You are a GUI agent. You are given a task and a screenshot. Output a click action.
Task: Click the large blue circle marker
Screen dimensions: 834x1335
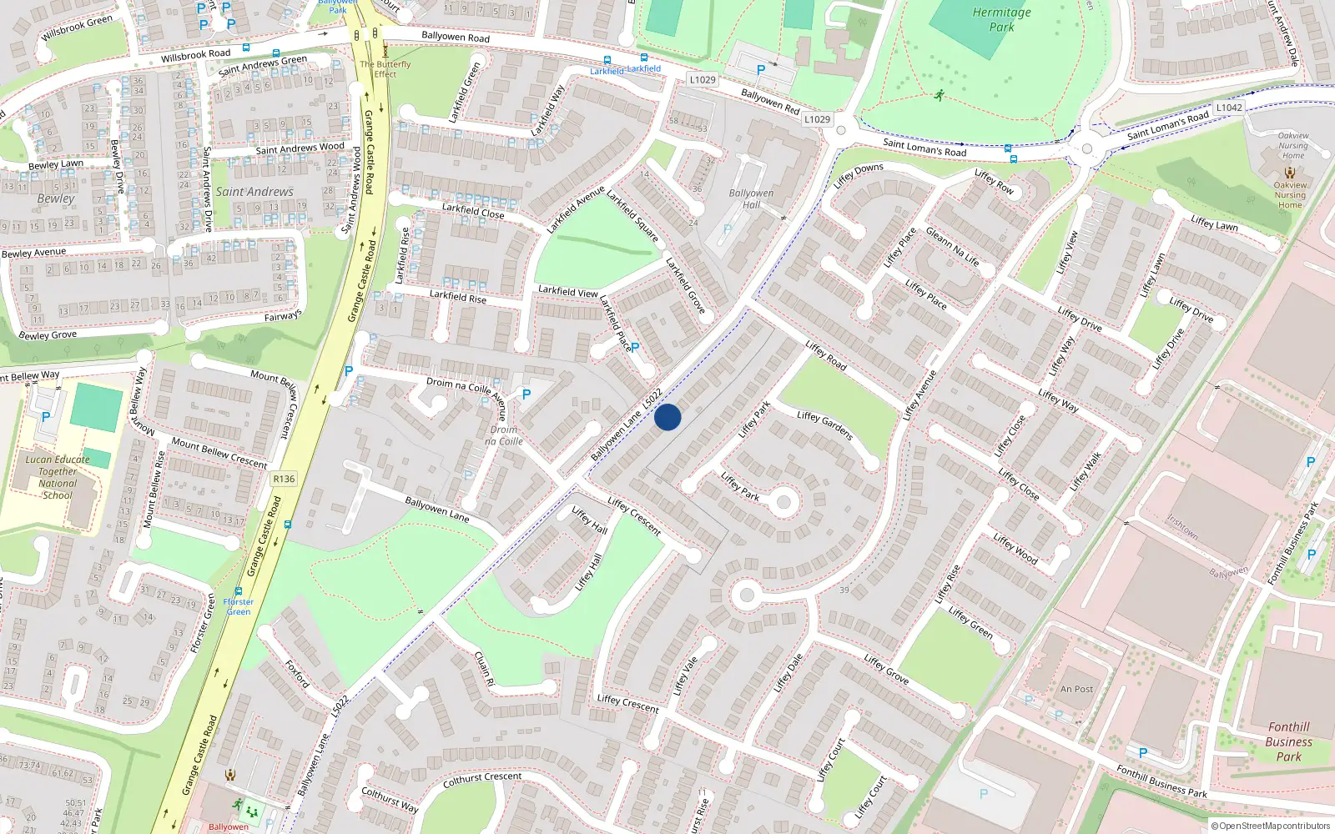[667, 417]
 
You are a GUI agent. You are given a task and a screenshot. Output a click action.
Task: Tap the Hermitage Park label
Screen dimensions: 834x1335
[1001, 19]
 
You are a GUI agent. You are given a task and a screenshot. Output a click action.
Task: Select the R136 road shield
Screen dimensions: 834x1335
[284, 479]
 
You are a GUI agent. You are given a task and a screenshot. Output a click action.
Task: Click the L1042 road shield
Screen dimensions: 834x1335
[1228, 108]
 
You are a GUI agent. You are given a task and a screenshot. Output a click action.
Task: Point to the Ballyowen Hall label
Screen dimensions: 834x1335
[751, 198]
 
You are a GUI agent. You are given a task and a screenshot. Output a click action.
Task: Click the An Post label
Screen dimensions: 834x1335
[1076, 689]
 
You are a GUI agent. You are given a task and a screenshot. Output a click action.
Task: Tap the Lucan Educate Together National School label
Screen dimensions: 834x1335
[58, 477]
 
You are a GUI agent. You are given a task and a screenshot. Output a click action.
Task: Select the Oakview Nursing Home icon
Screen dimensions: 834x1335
[1290, 173]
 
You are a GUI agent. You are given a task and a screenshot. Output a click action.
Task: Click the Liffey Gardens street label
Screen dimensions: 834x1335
[824, 425]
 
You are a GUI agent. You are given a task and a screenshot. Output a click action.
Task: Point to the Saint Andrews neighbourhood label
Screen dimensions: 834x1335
[254, 192]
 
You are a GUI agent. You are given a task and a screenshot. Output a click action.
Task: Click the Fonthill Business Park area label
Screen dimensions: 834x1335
[1288, 741]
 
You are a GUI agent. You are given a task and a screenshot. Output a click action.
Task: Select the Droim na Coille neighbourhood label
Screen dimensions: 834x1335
[504, 435]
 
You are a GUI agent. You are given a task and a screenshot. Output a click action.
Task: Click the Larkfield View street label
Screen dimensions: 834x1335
[567, 291]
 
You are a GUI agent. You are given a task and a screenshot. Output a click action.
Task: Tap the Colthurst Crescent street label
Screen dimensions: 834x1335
[482, 780]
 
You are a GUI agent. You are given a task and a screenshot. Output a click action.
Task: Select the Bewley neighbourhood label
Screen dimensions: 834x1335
[56, 198]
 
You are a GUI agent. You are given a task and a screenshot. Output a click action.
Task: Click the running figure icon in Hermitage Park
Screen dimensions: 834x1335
[940, 95]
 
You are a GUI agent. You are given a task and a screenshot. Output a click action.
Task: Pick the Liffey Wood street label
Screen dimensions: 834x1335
[1015, 549]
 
